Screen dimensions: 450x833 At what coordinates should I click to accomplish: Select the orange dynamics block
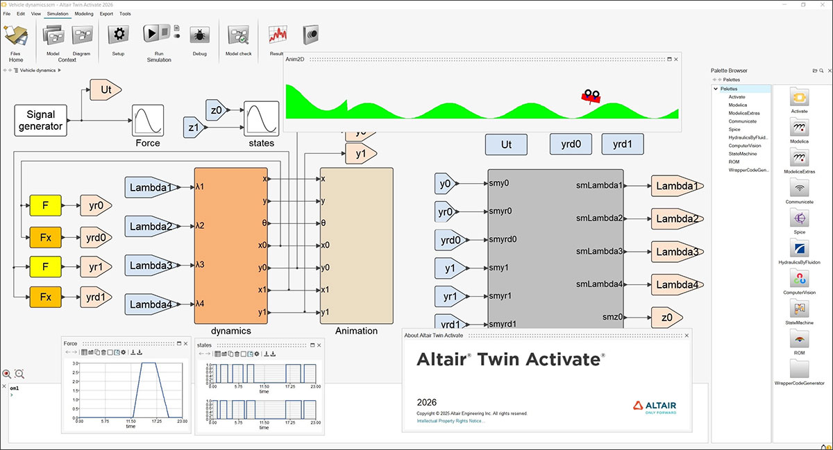(230, 245)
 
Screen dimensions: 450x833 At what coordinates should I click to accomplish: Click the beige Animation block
(356, 245)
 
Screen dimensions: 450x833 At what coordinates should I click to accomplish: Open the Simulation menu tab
(58, 13)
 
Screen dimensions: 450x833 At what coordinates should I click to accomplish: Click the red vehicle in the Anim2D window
(591, 97)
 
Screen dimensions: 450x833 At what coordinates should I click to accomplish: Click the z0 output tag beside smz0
(666, 318)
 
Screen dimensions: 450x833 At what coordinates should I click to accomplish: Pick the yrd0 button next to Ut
(571, 144)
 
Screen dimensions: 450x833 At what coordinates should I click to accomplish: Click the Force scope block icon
(148, 121)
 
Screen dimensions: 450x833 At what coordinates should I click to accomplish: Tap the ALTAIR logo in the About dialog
(655, 406)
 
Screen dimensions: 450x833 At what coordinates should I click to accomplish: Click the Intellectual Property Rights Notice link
(451, 421)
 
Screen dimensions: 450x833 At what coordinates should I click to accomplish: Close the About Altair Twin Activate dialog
(687, 336)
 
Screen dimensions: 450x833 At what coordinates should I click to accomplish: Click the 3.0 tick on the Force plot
(75, 363)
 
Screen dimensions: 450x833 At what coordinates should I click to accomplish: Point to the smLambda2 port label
(599, 218)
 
